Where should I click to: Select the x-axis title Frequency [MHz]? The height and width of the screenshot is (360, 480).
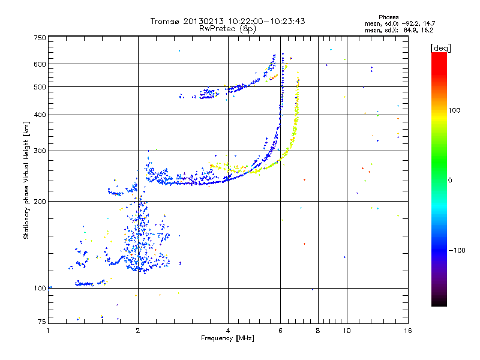point(227,338)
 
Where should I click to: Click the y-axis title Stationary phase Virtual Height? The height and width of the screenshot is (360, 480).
point(26,180)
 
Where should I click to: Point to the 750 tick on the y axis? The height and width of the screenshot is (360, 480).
point(40,38)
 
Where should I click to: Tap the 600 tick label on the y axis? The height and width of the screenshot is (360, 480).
point(40,64)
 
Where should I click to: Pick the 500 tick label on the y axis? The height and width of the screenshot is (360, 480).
point(40,87)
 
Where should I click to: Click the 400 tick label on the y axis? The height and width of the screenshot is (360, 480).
point(40,115)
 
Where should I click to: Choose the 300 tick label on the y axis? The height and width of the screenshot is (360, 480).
point(40,151)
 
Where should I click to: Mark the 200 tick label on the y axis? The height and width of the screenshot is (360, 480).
point(40,202)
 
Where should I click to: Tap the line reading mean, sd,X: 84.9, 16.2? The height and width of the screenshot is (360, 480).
point(399,29)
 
